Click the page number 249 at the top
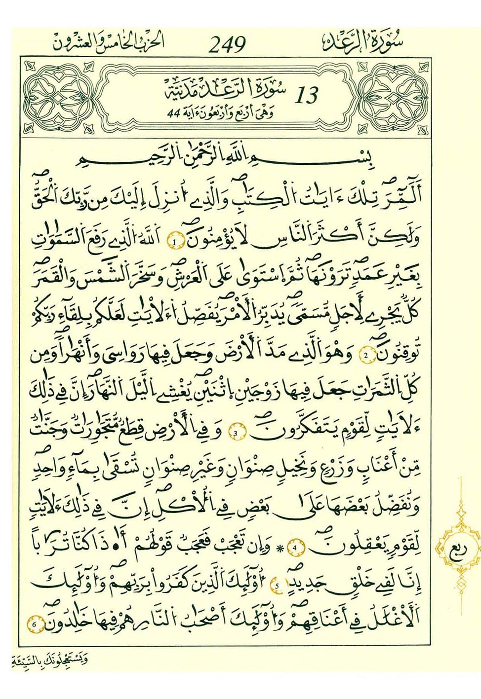pyautogui.click(x=227, y=45)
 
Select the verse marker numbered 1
pyautogui.click(x=175, y=242)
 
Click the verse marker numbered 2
pyautogui.click(x=366, y=355)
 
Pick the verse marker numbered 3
pyautogui.click(x=236, y=434)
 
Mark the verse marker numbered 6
pyautogui.click(x=34, y=625)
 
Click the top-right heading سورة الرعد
pyautogui.click(x=363, y=42)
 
